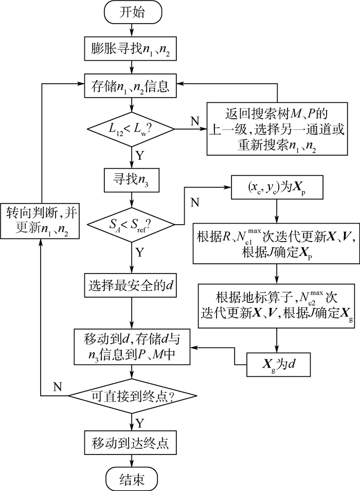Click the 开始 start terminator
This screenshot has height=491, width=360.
[x=132, y=13]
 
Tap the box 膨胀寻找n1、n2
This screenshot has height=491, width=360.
[x=132, y=49]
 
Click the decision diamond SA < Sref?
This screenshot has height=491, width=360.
[x=132, y=224]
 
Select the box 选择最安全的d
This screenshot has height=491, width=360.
[x=132, y=283]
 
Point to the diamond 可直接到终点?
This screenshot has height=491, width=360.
[x=132, y=396]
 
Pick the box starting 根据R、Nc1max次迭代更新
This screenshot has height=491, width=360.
[x=277, y=242]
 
